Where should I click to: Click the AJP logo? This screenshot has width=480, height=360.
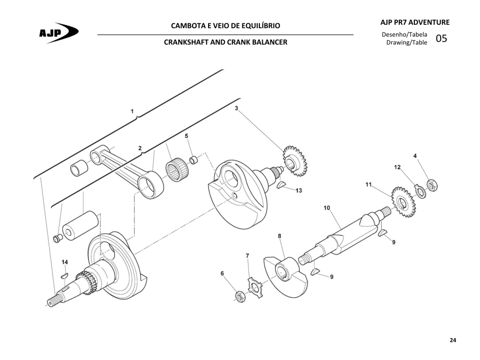tap(59, 32)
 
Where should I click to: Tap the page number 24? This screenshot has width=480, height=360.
tap(453, 340)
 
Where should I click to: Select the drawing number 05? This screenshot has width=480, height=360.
tap(441, 38)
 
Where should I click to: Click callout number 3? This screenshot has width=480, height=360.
tap(236, 108)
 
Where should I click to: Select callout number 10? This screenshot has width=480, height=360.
tap(327, 208)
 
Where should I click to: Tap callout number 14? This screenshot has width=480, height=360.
tap(65, 262)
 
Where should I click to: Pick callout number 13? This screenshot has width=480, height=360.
tap(299, 190)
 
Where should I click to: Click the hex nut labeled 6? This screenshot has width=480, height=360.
tap(240, 296)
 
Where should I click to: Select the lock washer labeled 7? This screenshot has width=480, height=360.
tap(255, 287)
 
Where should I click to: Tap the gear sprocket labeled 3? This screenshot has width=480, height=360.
tap(294, 161)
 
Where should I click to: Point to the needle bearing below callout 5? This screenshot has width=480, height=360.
tap(177, 169)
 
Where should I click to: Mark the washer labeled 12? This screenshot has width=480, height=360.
tap(420, 192)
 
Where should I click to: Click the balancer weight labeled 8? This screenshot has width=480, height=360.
tap(285, 276)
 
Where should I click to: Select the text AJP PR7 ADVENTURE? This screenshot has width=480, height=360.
tap(415, 22)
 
